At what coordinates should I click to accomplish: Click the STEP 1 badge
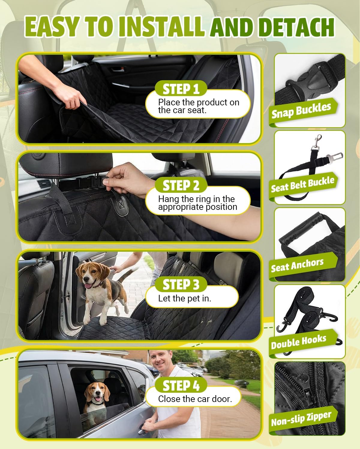181,89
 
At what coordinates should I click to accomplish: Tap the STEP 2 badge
181,185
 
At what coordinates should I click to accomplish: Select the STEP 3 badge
181,284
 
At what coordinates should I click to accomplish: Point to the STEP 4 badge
181,385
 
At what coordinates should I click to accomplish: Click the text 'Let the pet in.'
184,298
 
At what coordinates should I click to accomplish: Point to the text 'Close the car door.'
195,399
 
